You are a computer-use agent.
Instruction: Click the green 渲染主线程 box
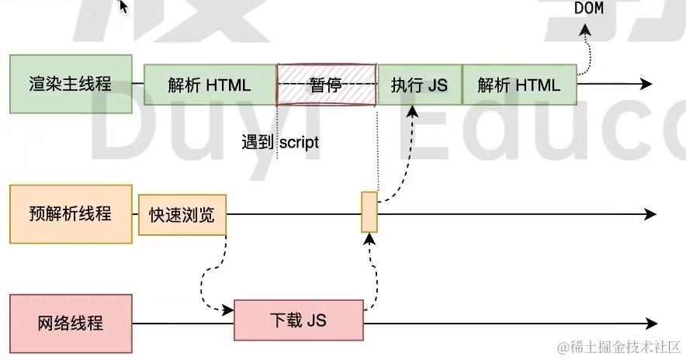pos(70,84)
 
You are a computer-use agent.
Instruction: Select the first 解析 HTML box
pos(210,85)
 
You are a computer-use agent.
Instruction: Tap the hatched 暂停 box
pos(326,85)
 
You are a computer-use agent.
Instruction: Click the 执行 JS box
pos(419,85)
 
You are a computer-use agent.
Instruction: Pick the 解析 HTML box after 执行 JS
pos(519,85)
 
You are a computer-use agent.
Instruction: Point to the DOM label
pos(589,9)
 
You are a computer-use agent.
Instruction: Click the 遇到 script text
pos(280,143)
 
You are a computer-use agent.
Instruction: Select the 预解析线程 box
pos(70,214)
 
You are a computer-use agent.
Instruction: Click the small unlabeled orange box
pos(369,212)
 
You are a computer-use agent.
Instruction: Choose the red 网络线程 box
pos(70,322)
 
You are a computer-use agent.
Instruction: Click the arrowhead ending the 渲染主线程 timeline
pos(645,84)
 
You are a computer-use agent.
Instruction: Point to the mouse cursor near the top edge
pos(123,6)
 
